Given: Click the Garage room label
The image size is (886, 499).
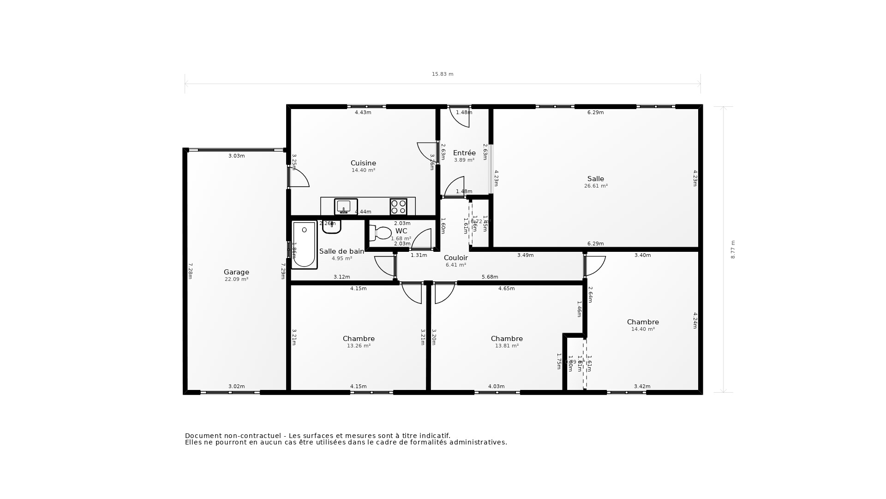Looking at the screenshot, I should coord(236,272).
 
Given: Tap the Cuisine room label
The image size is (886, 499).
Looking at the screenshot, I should coord(363,163).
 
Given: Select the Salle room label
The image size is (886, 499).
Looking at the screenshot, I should coord(596,179).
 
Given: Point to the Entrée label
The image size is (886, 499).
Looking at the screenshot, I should coord(464,153).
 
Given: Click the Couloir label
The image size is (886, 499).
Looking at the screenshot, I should coord(456,258).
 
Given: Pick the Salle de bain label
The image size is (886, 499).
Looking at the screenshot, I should coord(341,251).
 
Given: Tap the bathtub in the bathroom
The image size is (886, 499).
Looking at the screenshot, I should coord(304,245).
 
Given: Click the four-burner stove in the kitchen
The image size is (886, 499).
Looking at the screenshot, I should coord(398,207).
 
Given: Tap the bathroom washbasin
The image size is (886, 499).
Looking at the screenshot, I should coord(331,227).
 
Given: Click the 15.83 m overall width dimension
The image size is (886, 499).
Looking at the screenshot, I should coord(443,74).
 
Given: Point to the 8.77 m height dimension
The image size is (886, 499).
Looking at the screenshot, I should coord(733,249).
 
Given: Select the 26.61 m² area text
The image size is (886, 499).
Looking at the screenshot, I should coord(596,186).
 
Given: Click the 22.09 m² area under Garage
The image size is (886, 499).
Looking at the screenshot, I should coord(236,280).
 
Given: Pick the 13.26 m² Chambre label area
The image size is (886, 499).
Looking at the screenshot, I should coord(359,346).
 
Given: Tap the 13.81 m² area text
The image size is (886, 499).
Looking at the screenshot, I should coord(507,346).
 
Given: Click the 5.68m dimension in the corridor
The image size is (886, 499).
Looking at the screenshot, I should coord(490,277).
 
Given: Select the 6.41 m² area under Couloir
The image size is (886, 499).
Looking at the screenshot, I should coord(456,265).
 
